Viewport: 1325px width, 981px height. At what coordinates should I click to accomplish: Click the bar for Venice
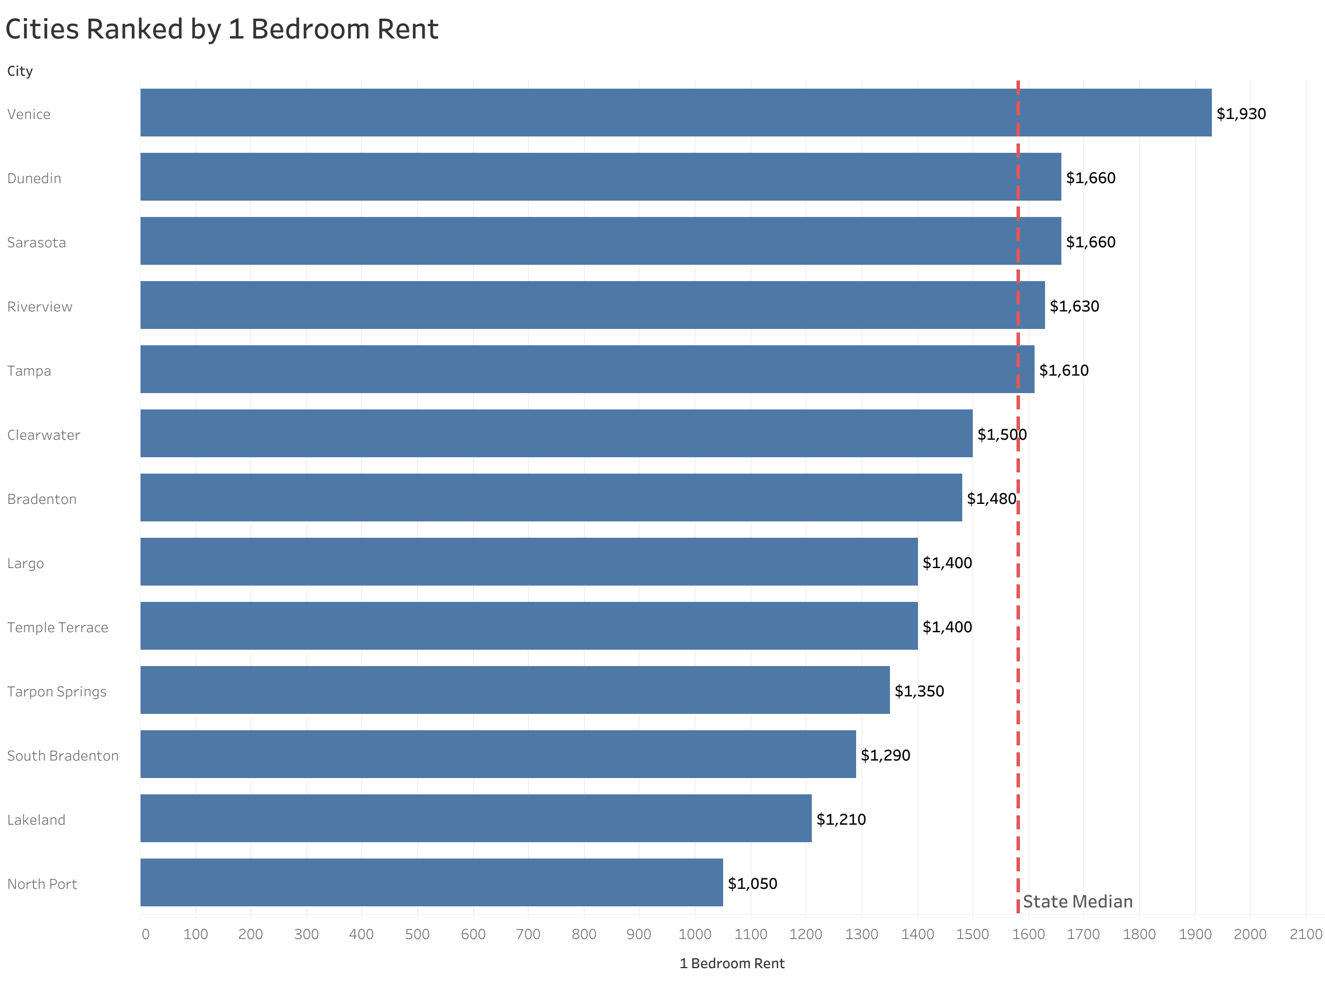tap(675, 113)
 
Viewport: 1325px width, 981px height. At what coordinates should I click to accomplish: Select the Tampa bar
tap(587, 369)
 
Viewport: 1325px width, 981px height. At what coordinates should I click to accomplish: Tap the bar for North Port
tap(432, 882)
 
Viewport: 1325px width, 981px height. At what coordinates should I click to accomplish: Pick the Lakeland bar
tap(475, 818)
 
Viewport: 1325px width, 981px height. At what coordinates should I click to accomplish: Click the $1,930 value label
tap(1240, 113)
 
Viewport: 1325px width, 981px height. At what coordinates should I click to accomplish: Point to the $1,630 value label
tap(1074, 306)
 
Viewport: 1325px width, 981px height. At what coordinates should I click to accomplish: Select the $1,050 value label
tap(752, 883)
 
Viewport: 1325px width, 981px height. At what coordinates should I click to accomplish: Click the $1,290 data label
tap(885, 755)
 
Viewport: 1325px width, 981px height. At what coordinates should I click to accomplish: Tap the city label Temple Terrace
tap(58, 627)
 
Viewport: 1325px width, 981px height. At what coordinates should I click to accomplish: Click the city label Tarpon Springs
tap(57, 691)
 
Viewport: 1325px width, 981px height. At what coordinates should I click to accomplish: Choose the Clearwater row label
tap(43, 435)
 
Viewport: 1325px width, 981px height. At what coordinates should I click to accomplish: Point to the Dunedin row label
tap(34, 178)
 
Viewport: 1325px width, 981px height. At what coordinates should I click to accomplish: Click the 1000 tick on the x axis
tap(695, 934)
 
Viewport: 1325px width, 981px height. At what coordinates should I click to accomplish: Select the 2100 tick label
tap(1306, 934)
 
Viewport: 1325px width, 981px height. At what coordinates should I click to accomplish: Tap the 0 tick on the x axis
tap(145, 934)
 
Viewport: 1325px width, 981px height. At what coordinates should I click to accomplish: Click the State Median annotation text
tap(1077, 902)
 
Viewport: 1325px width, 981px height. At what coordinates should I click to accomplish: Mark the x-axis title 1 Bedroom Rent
tap(731, 963)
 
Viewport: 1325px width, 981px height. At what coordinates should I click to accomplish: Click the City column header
tap(20, 71)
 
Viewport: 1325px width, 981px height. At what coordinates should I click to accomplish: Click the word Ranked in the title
tap(135, 29)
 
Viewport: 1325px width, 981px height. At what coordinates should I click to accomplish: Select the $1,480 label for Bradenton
tap(991, 498)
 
